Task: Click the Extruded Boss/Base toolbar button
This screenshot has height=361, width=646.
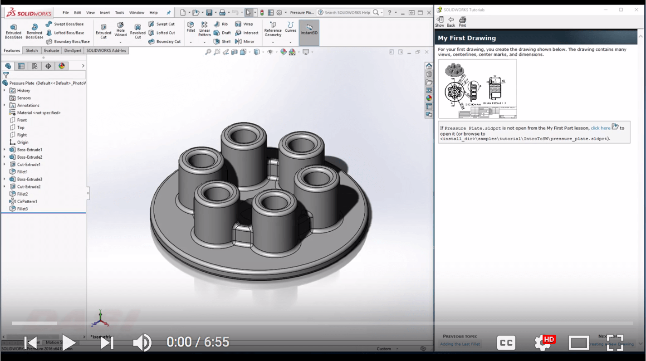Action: (13, 31)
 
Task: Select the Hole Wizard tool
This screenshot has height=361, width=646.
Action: (120, 30)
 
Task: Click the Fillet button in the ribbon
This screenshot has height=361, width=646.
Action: (191, 27)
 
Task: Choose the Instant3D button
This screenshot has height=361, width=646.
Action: (309, 29)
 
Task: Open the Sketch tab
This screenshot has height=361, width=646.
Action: (32, 50)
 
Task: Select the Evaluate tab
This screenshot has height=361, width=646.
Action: (51, 50)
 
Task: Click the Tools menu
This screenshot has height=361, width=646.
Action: (119, 13)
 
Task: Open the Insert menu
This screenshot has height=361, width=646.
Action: (105, 13)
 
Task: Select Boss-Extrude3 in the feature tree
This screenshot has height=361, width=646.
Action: (29, 179)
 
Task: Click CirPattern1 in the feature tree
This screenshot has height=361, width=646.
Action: (27, 201)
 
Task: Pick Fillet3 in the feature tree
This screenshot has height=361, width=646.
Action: (22, 209)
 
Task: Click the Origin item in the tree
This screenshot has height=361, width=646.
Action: (23, 142)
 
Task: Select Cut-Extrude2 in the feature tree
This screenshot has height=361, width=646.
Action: (29, 186)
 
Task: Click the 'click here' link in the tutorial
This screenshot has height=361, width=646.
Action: (600, 128)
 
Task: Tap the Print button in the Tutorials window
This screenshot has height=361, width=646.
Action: (462, 21)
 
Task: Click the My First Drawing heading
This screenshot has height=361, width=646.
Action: (467, 38)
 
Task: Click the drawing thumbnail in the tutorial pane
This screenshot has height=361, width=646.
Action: (477, 89)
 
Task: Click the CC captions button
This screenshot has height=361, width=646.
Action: (506, 342)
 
